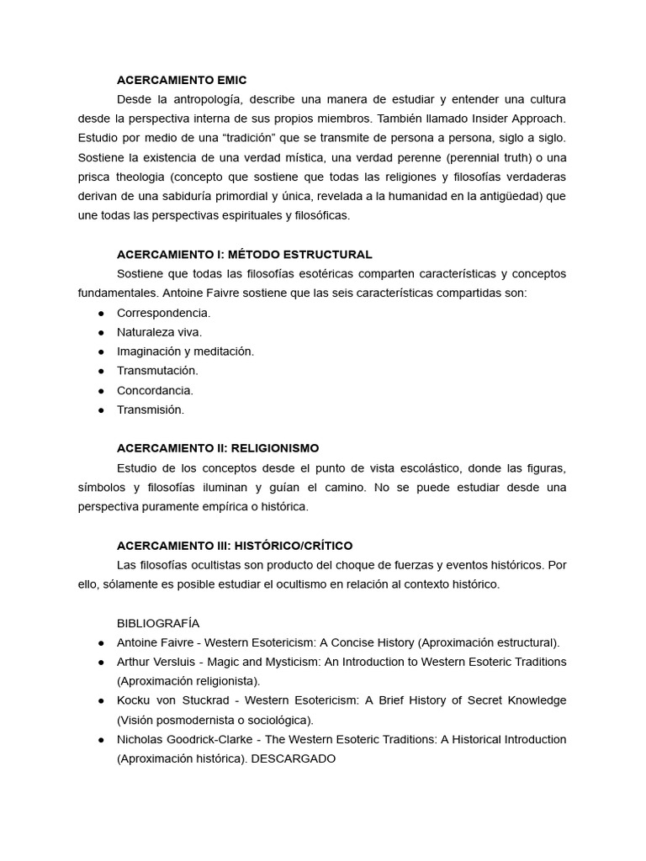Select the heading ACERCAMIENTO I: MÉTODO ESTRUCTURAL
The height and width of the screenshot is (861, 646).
(244, 254)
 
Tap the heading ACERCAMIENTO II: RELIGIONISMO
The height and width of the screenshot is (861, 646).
(217, 448)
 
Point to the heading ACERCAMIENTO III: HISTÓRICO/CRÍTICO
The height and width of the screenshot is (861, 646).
(235, 545)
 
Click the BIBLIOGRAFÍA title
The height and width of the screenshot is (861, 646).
(158, 623)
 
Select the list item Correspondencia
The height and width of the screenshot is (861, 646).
(163, 313)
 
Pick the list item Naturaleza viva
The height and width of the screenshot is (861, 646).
(159, 332)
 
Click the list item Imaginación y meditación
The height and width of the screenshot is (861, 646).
(185, 351)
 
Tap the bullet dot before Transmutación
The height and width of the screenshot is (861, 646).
(102, 371)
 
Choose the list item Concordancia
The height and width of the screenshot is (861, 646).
(155, 390)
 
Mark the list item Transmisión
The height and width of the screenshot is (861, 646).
(150, 409)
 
